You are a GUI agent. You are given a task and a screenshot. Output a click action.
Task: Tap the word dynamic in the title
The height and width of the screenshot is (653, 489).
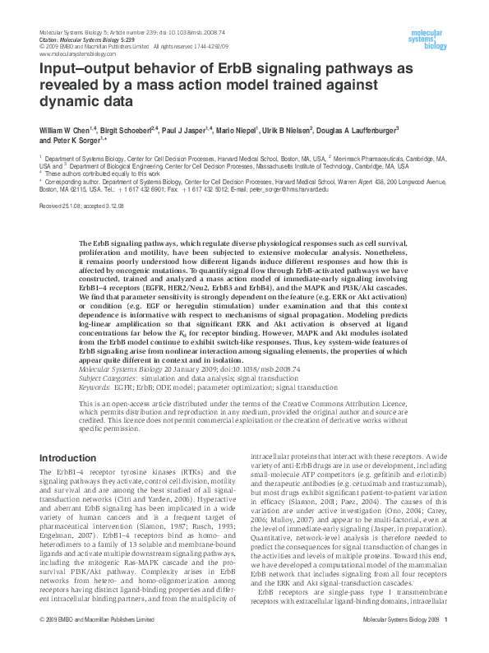(70, 103)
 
